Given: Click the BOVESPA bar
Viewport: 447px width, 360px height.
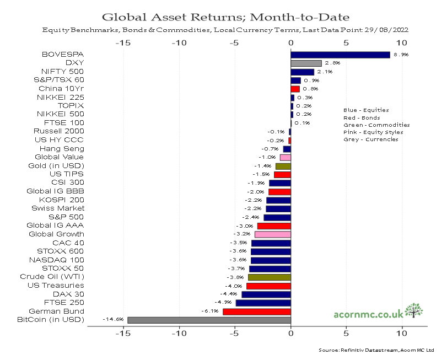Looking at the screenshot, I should [x=340, y=55].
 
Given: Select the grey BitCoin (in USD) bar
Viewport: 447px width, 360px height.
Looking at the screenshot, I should [x=209, y=320].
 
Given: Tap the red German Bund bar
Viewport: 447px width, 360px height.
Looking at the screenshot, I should [x=256, y=311].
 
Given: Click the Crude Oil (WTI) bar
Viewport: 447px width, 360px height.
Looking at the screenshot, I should [x=269, y=277].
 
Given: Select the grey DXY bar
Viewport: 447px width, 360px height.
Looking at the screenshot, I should [x=306, y=63].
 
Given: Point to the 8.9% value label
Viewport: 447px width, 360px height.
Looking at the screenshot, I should [x=400, y=55].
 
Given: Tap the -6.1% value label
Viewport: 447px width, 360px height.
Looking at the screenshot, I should [x=209, y=311].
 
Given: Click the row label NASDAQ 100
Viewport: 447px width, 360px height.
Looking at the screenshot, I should [x=62, y=260].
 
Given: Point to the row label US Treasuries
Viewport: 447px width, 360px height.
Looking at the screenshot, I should [x=56, y=285].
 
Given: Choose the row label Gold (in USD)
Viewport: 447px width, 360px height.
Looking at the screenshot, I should [x=56, y=165].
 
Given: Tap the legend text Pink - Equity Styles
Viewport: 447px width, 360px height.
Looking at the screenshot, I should [x=373, y=132].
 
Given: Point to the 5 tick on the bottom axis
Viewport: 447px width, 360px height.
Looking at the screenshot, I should [x=346, y=334].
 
